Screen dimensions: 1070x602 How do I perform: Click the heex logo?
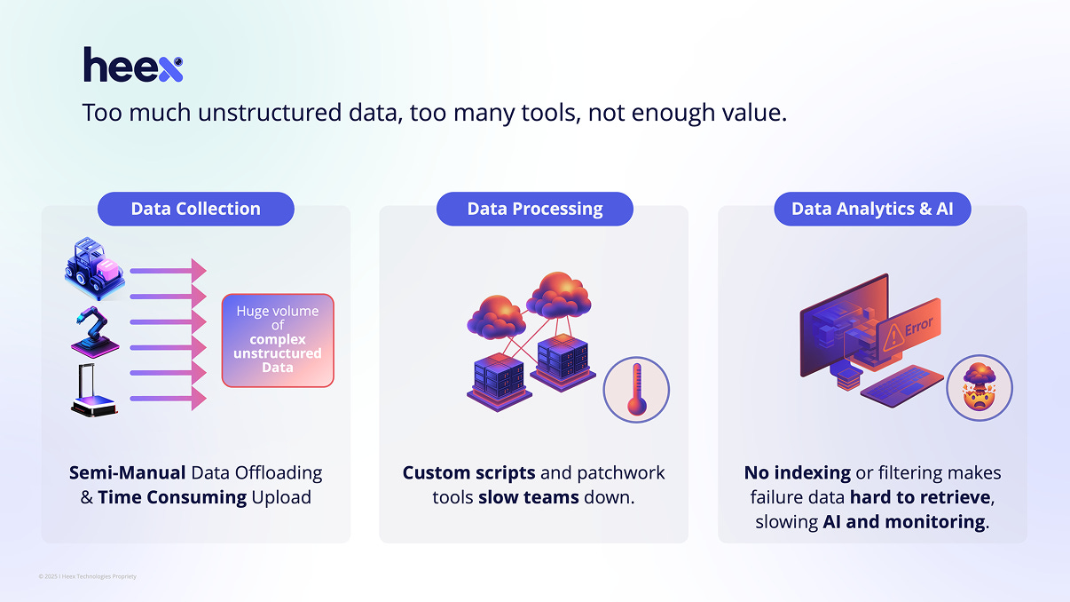(x=133, y=66)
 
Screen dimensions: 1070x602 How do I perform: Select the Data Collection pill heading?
(x=195, y=210)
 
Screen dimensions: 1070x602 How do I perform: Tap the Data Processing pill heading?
(x=534, y=210)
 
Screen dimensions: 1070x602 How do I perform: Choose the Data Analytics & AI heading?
(x=872, y=210)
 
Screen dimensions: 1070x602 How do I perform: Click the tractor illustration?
(x=93, y=266)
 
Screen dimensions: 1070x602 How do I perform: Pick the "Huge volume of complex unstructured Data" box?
(x=278, y=340)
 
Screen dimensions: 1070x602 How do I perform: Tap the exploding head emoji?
(x=979, y=387)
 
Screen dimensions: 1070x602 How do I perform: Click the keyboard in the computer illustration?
(x=901, y=386)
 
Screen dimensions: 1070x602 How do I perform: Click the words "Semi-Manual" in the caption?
(x=128, y=472)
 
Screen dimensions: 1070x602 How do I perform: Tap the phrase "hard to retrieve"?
(x=921, y=497)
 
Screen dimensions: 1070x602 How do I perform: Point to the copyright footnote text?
(x=87, y=576)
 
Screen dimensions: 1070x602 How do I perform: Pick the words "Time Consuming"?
(x=172, y=497)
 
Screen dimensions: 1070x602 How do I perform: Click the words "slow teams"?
(x=530, y=497)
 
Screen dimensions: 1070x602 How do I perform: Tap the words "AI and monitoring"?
(x=903, y=522)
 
